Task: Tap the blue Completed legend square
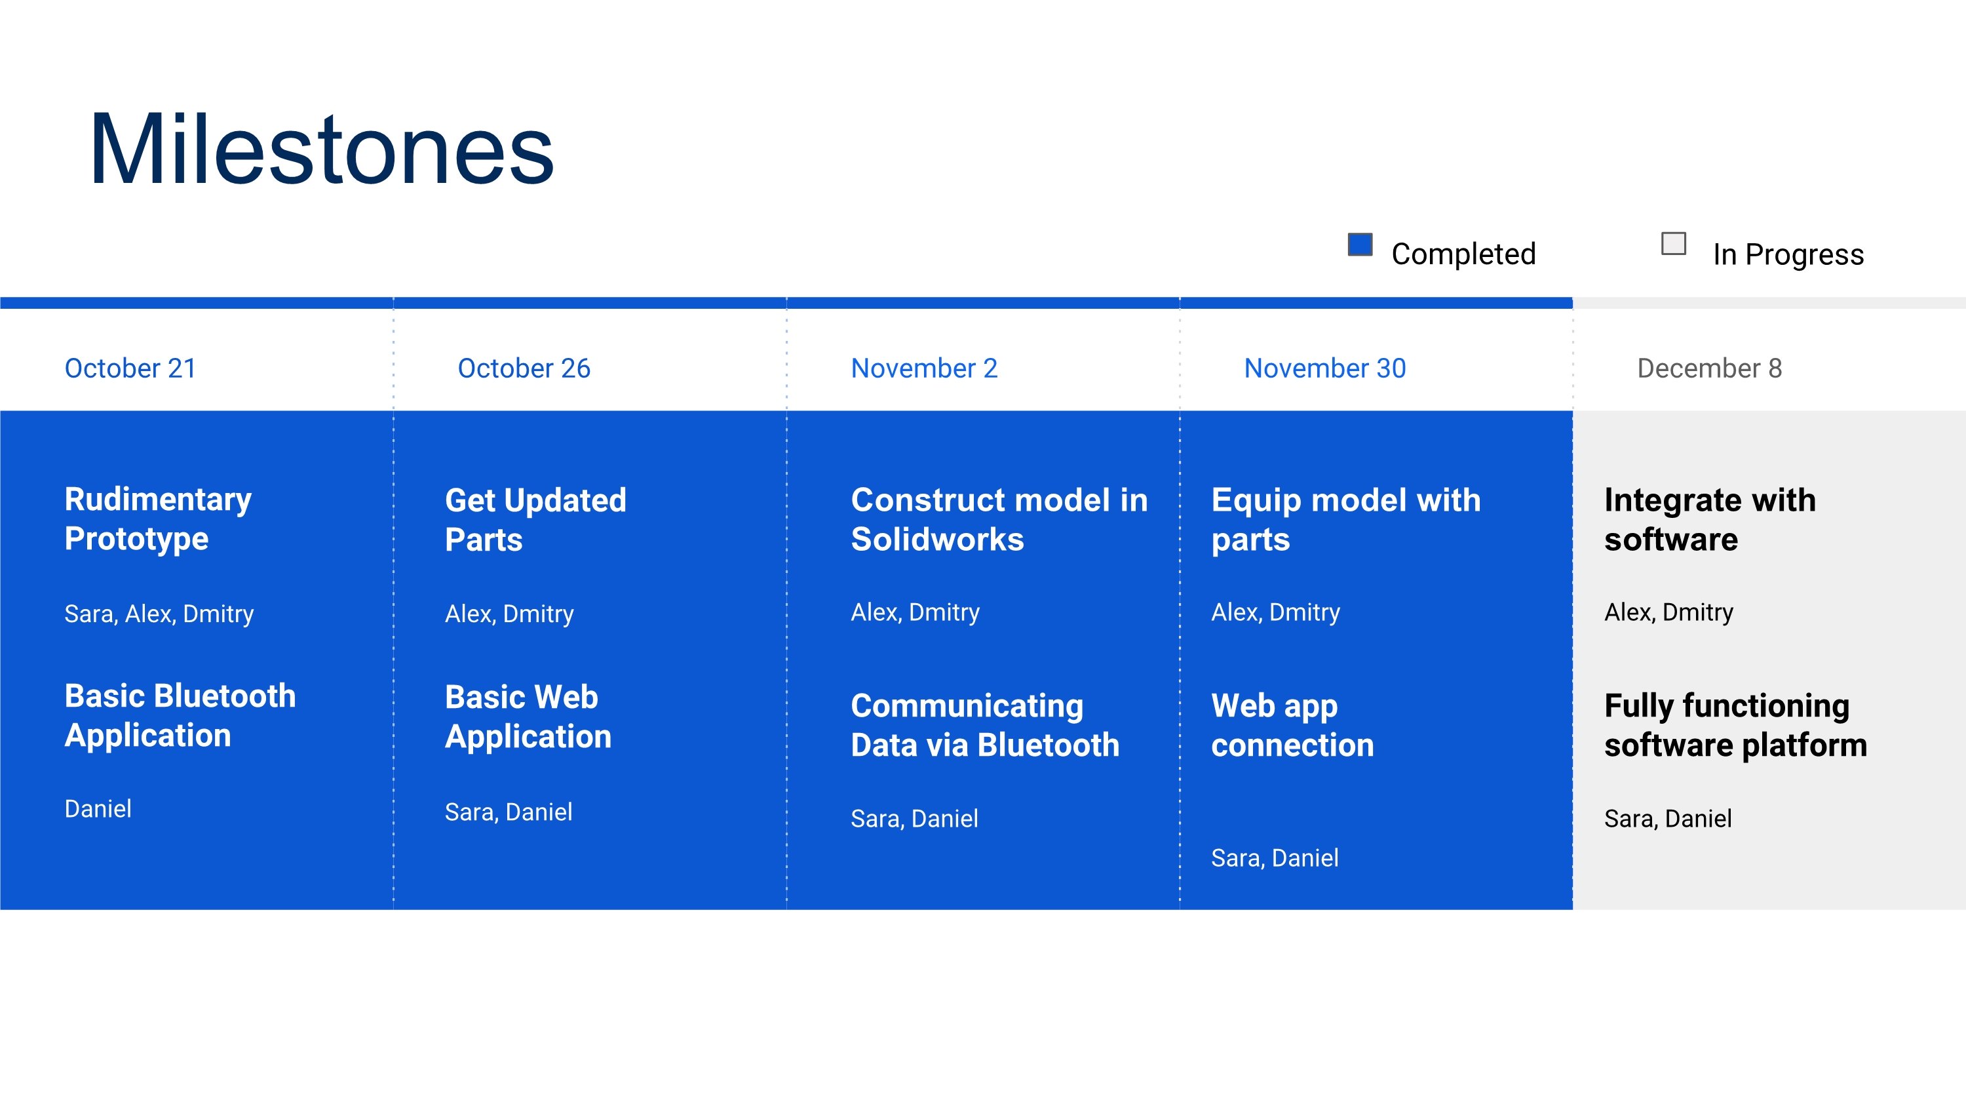(1360, 245)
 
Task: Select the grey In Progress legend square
(1674, 243)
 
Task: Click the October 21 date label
(130, 368)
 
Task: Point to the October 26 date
(524, 368)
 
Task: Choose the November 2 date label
(924, 368)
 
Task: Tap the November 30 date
(1325, 368)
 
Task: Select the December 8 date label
(1710, 368)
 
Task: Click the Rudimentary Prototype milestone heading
(158, 519)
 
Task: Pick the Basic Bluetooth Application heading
(180, 716)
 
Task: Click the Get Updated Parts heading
(536, 520)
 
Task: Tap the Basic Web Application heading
(528, 717)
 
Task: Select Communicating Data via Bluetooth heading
(985, 725)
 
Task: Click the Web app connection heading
(1293, 725)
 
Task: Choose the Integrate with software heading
(1710, 520)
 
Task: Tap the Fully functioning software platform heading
(1735, 725)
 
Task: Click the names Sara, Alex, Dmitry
(159, 614)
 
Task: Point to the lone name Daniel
(98, 808)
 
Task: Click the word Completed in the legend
(1463, 254)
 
